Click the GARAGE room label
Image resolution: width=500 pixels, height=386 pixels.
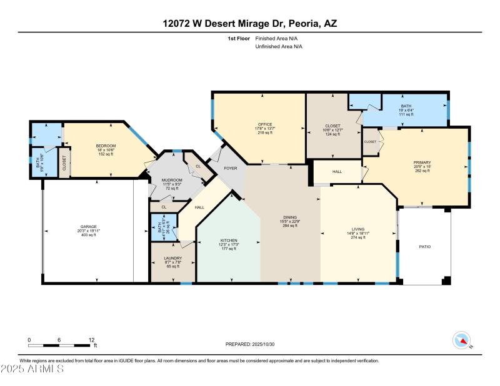[87, 226]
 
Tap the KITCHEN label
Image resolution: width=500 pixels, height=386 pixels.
[229, 240]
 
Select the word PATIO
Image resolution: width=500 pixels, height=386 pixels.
[424, 247]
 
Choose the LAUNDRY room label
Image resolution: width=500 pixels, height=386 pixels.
[172, 257]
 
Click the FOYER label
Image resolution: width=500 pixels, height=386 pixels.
[230, 169]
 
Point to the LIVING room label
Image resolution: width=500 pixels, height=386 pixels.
[357, 229]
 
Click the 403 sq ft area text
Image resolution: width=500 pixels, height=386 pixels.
[87, 234]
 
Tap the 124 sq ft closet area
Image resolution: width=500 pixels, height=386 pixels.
[332, 134]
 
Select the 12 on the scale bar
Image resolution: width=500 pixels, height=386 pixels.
[91, 339]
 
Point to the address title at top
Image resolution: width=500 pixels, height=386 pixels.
[250, 24]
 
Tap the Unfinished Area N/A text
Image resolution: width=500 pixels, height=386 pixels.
[278, 47]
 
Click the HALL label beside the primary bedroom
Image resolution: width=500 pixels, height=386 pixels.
[337, 171]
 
